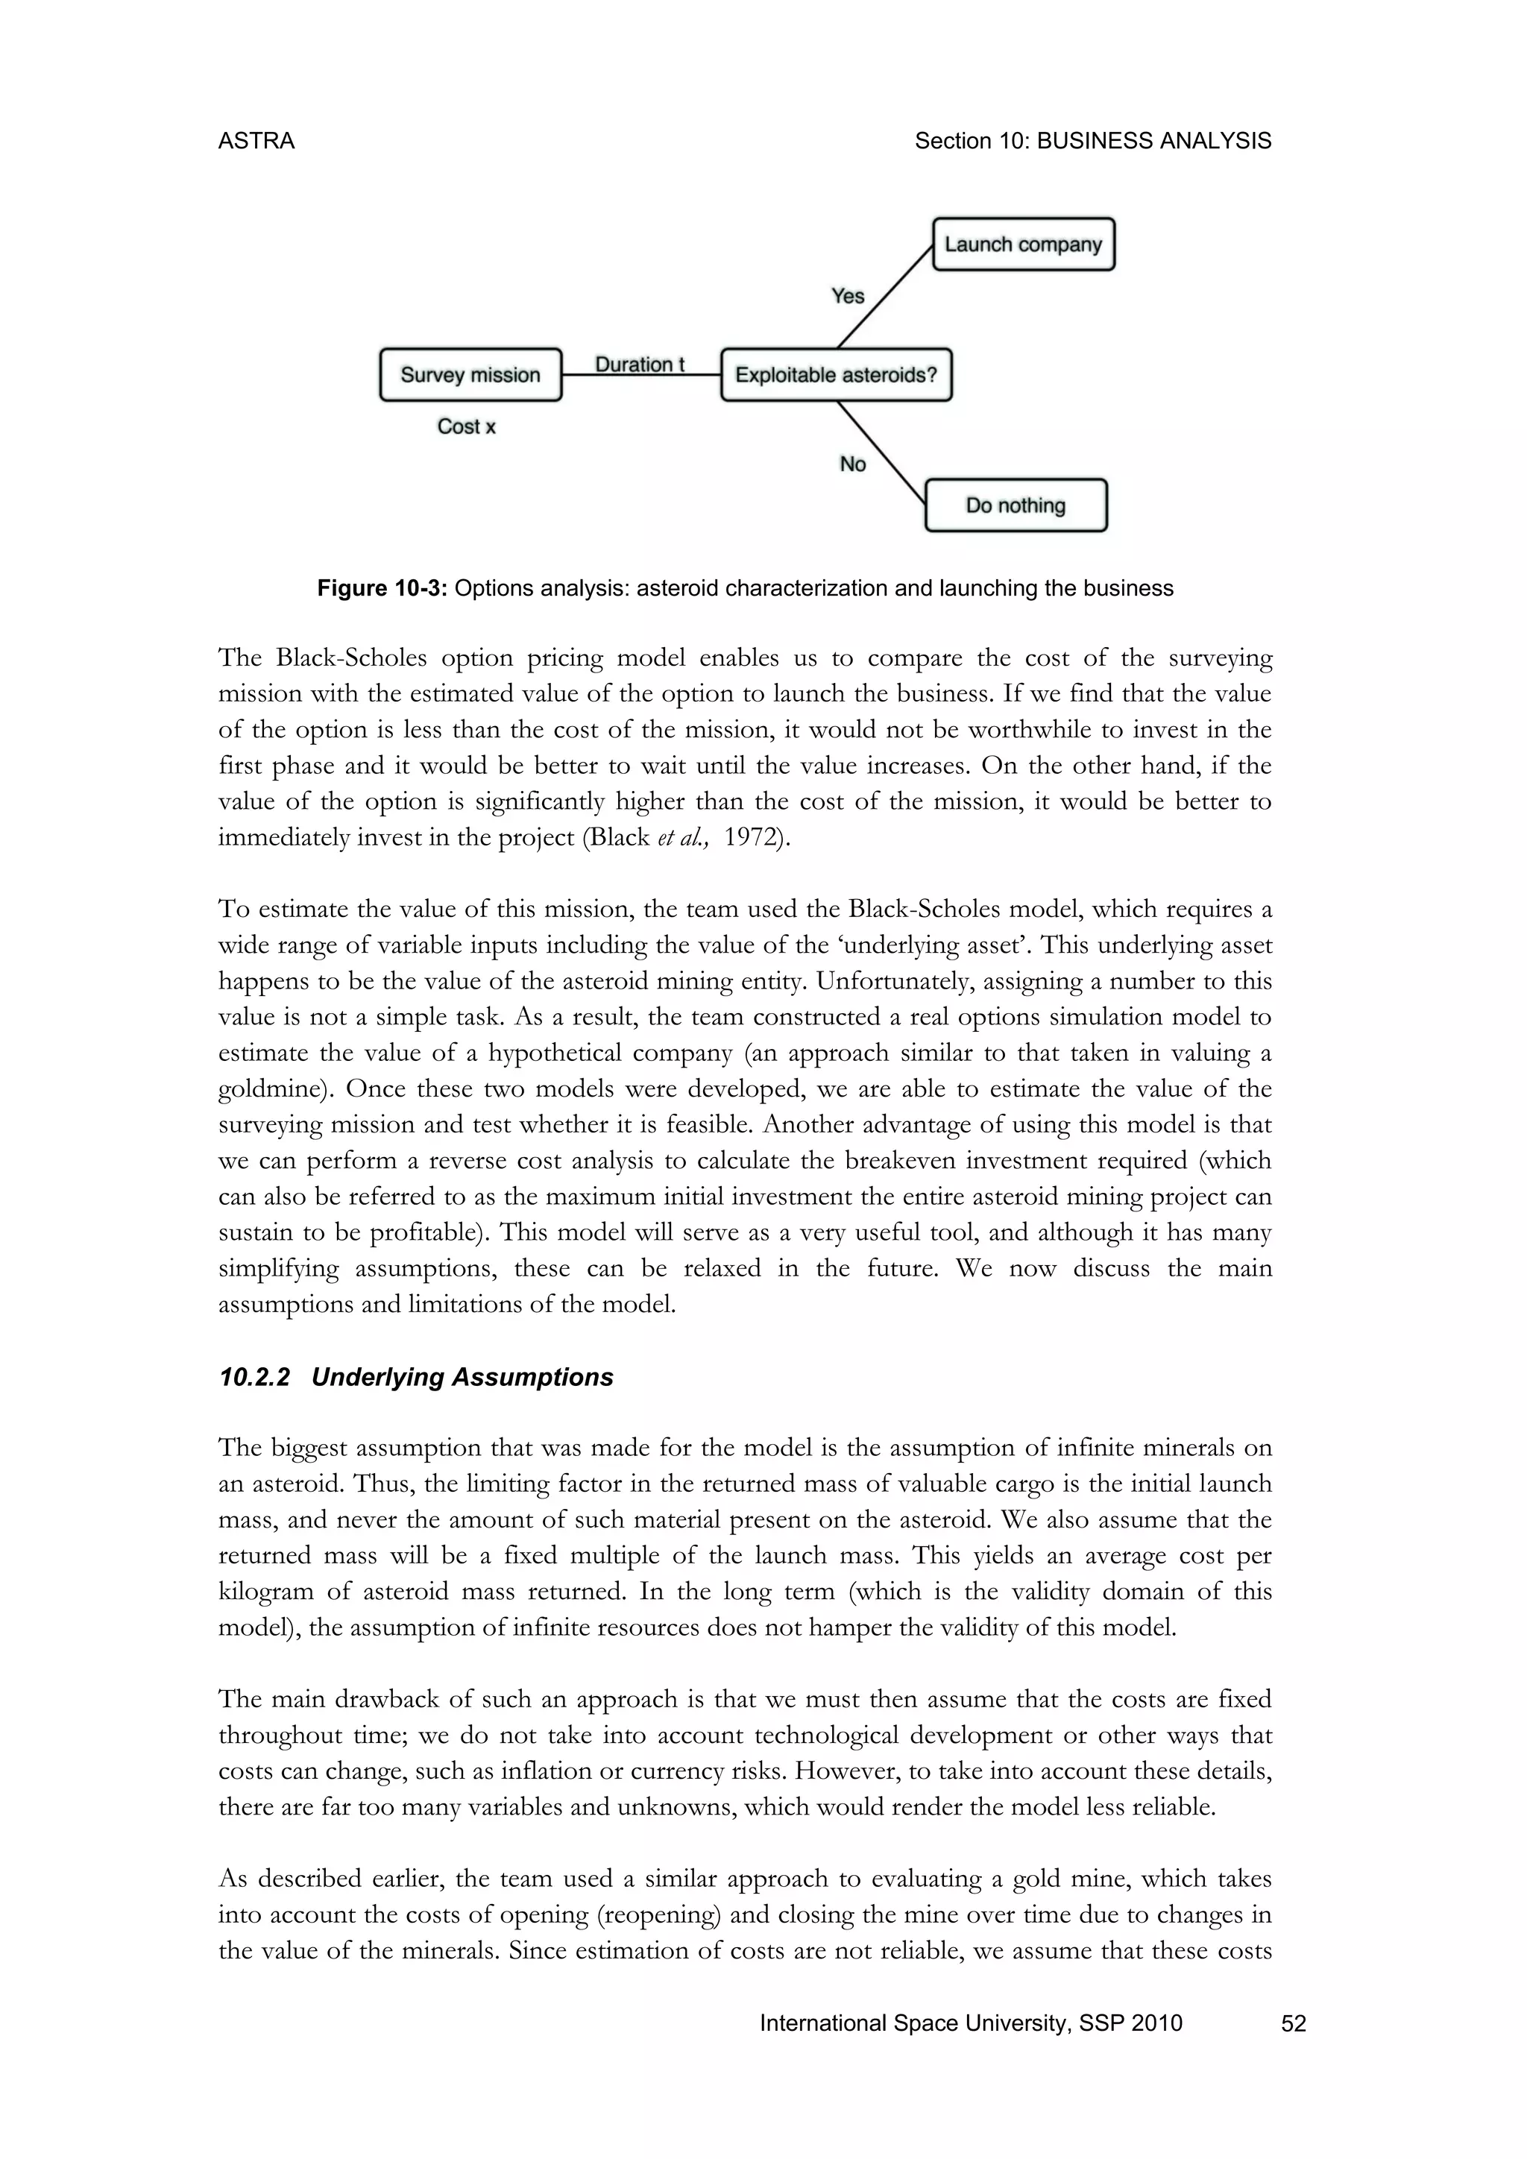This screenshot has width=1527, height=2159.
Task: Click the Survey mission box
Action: point(470,374)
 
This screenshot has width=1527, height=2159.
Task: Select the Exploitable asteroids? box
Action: point(836,374)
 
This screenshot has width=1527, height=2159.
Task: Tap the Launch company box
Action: point(1023,245)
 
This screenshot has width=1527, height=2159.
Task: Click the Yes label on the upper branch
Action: point(847,296)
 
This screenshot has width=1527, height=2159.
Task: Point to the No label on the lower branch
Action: point(853,464)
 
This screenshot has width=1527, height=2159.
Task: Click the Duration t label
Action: point(640,364)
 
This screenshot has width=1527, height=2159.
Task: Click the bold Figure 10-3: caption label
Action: point(384,589)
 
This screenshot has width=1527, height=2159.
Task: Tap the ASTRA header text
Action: point(256,141)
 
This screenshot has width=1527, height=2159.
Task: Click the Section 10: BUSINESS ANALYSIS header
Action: point(1092,141)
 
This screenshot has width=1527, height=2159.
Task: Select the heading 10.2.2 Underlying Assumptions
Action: point(415,1377)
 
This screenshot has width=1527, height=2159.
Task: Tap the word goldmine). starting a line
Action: point(274,1089)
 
